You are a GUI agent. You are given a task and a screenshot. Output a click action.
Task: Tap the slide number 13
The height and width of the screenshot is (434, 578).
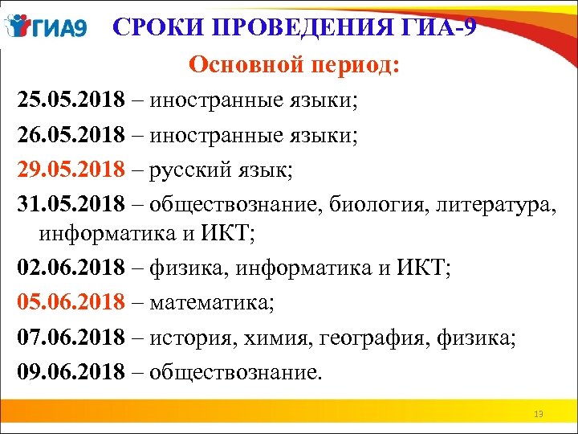coord(538,414)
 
